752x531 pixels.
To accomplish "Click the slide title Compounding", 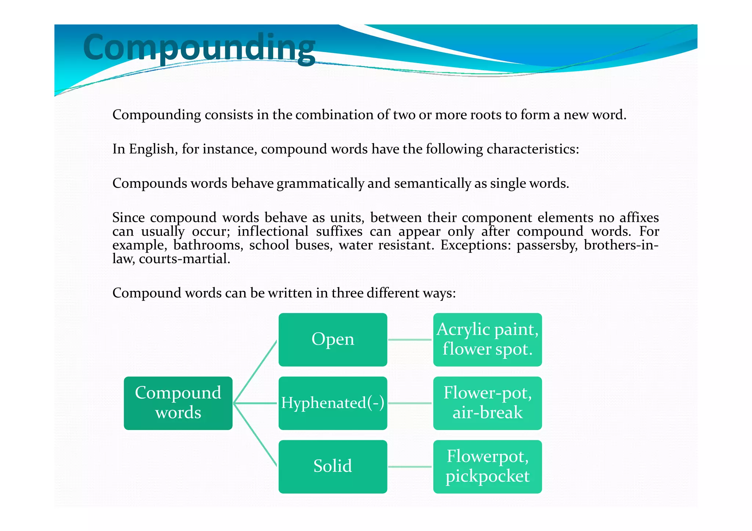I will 199,48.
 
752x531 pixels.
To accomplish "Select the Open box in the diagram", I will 333,339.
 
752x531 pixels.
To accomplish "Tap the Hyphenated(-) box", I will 333,403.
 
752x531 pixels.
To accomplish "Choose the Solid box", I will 333,466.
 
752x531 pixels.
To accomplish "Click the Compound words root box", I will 178,403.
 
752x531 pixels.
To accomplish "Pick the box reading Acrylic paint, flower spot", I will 487,339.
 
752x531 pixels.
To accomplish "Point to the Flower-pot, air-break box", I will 487,403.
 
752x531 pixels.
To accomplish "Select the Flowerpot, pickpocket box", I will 487,466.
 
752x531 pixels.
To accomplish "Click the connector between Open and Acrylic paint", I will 410,340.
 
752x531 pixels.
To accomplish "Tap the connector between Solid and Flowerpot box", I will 410,467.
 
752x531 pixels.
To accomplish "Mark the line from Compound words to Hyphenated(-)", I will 256,403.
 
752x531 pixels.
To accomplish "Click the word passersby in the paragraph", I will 546,245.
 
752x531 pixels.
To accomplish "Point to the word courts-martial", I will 184,259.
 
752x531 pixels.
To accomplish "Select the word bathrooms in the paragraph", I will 208,245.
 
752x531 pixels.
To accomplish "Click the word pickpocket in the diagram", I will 487,476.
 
